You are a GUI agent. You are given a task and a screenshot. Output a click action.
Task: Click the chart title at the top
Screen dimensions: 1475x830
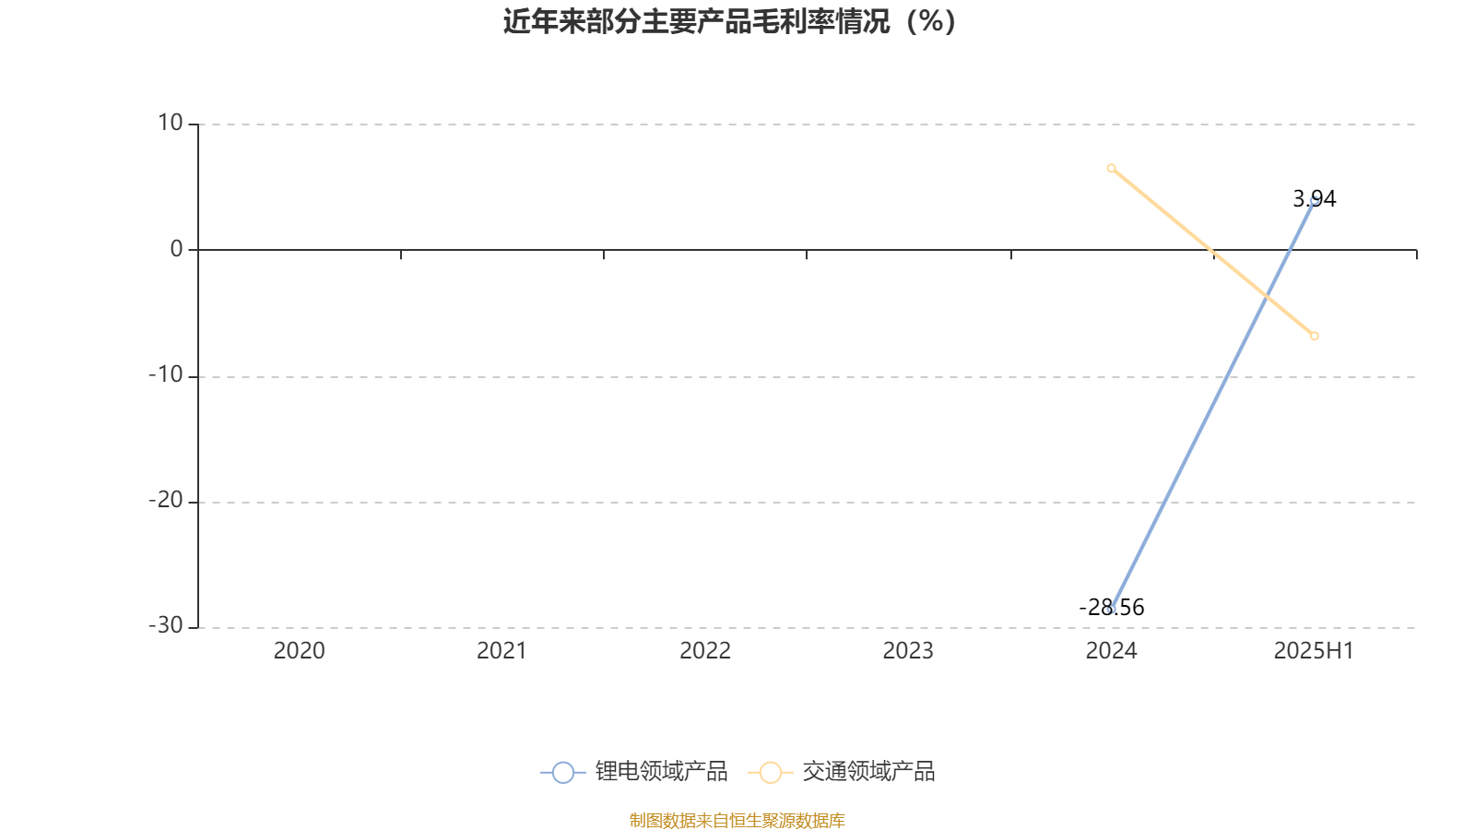[x=729, y=22]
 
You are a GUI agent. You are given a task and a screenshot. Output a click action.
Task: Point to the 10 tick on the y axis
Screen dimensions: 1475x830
[x=170, y=123]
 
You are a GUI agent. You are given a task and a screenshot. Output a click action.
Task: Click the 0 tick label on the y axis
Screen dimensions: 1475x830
[x=176, y=249]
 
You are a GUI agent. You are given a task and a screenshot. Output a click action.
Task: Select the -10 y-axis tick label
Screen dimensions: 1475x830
[x=166, y=374]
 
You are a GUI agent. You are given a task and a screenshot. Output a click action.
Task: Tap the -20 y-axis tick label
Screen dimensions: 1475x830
[x=166, y=501]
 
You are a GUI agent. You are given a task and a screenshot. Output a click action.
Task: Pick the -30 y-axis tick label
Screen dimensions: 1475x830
[x=166, y=626]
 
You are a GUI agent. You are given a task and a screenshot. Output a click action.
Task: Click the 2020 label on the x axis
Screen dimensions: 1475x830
[x=299, y=651]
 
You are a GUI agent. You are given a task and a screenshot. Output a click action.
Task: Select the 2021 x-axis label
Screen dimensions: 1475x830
[x=501, y=651]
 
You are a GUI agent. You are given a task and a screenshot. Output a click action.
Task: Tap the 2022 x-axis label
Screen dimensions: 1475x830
[x=705, y=651]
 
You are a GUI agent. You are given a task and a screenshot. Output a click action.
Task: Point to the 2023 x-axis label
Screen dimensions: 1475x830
[x=908, y=651]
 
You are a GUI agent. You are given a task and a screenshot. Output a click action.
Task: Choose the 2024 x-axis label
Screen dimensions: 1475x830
[x=1112, y=651]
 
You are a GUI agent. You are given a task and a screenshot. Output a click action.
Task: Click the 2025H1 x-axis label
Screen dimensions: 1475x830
[x=1314, y=651]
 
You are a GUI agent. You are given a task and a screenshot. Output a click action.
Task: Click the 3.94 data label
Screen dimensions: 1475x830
[x=1315, y=199]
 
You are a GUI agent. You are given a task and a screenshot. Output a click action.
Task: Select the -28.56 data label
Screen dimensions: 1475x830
[x=1112, y=608]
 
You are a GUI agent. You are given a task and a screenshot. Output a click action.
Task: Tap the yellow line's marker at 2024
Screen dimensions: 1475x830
[x=1112, y=169]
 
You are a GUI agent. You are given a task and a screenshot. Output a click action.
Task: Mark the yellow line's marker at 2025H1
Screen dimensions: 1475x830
[x=1315, y=336]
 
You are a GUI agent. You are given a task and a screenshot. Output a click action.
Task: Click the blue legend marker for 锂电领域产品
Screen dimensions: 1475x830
[x=563, y=773]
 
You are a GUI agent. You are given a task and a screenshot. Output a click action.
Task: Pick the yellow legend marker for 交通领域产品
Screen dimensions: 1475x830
[x=771, y=773]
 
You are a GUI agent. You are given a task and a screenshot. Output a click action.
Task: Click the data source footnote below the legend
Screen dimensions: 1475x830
[x=737, y=820]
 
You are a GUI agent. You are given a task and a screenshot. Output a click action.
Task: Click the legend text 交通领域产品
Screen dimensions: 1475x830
[x=868, y=771]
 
